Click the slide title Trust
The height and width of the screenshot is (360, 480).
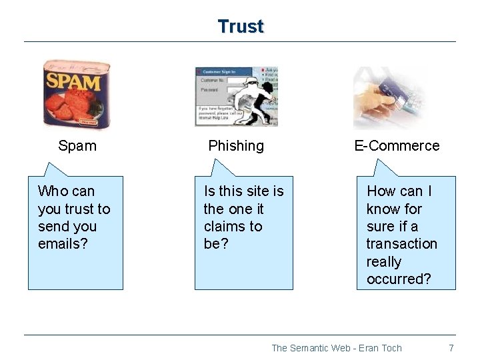(241, 27)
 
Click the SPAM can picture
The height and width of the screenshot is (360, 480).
(76, 95)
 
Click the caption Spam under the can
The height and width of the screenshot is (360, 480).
(77, 146)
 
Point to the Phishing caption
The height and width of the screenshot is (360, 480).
(236, 146)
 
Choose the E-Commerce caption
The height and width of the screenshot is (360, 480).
(397, 146)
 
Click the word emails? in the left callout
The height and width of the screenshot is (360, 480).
(63, 244)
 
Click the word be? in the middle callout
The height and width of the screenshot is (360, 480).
(215, 244)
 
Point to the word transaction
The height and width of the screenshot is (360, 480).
(401, 244)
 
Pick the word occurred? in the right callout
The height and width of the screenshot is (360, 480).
(399, 279)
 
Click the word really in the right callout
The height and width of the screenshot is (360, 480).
(383, 261)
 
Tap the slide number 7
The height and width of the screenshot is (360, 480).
(451, 348)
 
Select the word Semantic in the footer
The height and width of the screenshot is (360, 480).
(311, 348)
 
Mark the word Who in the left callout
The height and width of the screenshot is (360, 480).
(51, 191)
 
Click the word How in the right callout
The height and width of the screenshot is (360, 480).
(381, 191)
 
